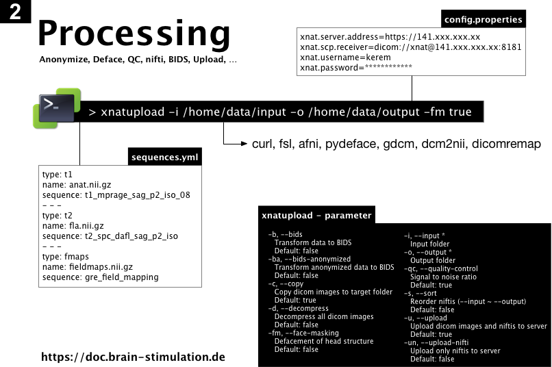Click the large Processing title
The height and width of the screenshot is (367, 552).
pos(134,34)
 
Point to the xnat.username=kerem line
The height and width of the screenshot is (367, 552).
pos(345,58)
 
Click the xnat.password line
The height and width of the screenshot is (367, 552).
pos(355,68)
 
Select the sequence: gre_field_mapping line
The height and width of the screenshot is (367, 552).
pos(100,277)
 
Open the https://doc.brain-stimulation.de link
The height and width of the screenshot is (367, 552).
pos(133,357)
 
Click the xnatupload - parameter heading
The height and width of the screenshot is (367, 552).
pos(316,216)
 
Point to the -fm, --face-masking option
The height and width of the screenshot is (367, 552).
pos(302,333)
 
